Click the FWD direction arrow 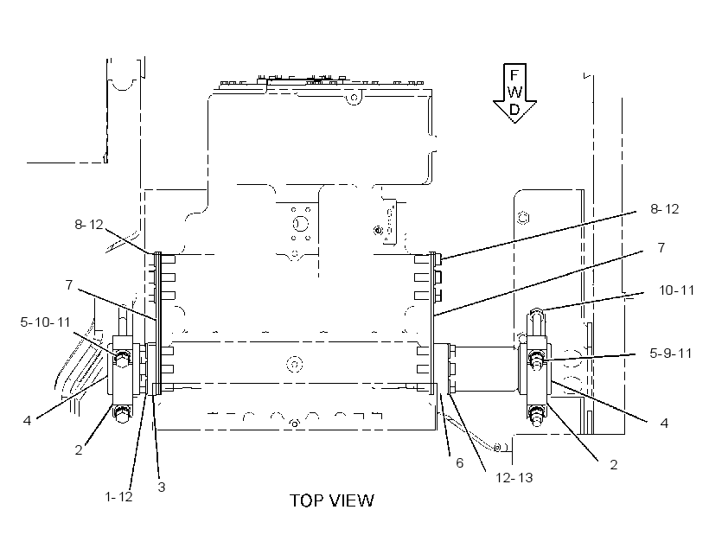coord(514,93)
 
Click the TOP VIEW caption coord(332,500)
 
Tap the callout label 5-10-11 coord(45,322)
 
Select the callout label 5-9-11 coord(671,354)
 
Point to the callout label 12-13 coord(514,477)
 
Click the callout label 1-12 coord(118,496)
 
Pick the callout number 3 coord(162,487)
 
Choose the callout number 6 coord(459,463)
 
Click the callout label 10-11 coord(676,290)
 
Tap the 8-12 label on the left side coord(89,224)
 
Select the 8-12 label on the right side coord(665,209)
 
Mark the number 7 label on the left coord(68,285)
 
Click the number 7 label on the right coord(661,248)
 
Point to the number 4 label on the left coord(27,420)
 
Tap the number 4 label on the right coord(664,424)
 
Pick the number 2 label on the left coord(79,450)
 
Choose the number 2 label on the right coord(614,465)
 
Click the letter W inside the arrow coord(514,92)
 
